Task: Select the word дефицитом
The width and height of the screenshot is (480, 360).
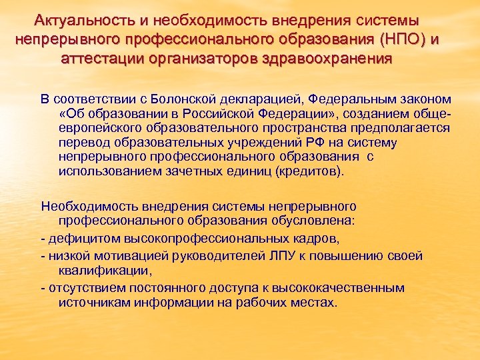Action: pos(77,238)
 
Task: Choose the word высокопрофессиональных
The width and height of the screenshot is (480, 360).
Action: pos(203,238)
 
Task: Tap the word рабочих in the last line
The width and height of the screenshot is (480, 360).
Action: pos(253,302)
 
